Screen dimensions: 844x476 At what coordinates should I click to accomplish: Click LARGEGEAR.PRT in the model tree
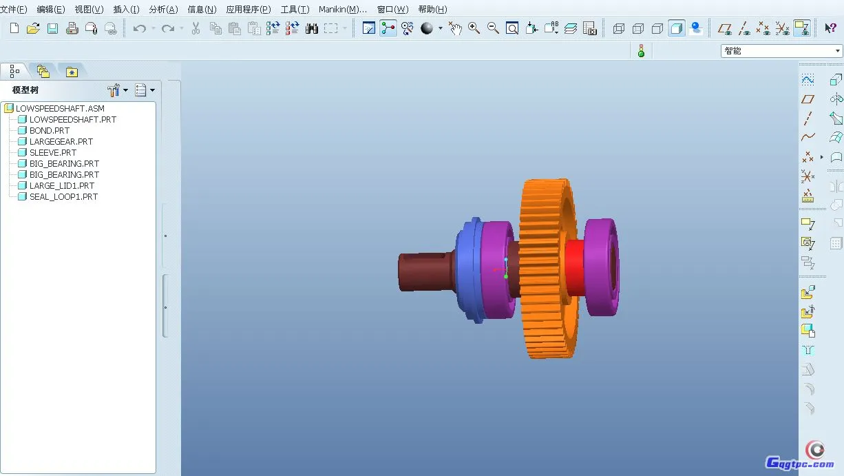click(x=61, y=142)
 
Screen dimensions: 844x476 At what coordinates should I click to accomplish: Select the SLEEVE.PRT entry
click(x=53, y=153)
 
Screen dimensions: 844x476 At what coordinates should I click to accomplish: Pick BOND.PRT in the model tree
click(x=50, y=131)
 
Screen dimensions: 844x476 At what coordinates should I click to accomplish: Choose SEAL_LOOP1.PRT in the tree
click(x=63, y=197)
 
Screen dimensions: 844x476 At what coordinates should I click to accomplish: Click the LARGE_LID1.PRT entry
click(x=62, y=186)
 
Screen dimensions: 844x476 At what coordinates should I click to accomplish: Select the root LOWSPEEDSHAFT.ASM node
click(x=60, y=109)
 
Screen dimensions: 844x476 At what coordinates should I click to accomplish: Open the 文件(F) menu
click(x=14, y=9)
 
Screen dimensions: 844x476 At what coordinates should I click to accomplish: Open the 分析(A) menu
click(x=163, y=9)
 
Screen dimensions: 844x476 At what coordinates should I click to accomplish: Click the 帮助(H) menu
click(x=432, y=9)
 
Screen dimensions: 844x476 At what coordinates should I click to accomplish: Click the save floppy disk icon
click(x=52, y=28)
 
